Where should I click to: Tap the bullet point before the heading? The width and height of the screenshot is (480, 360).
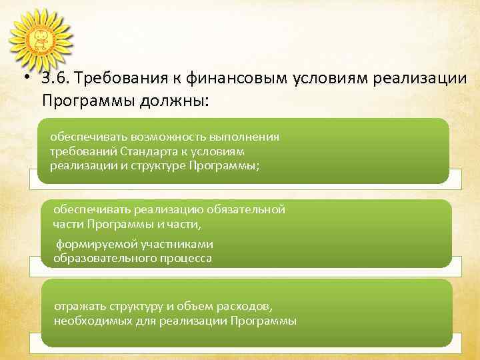click(x=25, y=79)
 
